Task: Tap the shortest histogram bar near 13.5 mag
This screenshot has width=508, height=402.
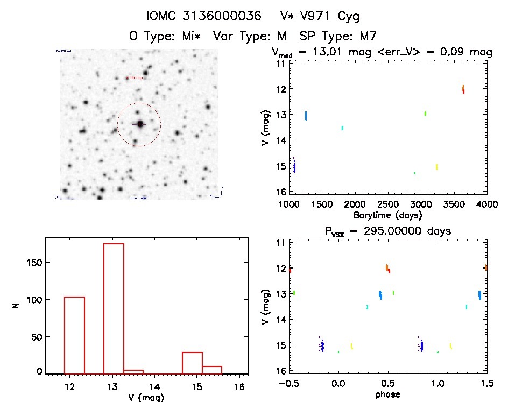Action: [133, 371]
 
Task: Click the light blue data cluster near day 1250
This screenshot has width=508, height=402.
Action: [306, 116]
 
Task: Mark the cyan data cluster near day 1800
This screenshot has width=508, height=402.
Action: [342, 128]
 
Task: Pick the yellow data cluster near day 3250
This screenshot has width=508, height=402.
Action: [436, 167]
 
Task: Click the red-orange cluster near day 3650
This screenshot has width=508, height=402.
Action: [463, 89]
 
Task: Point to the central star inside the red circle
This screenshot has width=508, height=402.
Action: [140, 124]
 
